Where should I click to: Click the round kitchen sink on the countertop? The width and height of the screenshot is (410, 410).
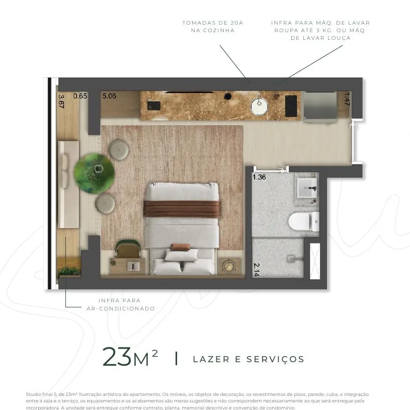(259, 106)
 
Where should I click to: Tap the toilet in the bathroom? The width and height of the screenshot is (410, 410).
(304, 221)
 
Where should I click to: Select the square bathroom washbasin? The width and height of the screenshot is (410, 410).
(307, 188)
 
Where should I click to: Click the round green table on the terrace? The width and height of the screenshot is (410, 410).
(94, 174)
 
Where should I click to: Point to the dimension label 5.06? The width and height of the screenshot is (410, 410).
(109, 96)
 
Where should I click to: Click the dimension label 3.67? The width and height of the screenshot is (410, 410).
(61, 102)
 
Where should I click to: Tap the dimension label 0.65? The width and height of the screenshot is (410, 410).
(80, 96)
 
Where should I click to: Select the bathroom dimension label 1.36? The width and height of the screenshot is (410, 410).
(259, 177)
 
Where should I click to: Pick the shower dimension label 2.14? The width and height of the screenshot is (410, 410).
(257, 270)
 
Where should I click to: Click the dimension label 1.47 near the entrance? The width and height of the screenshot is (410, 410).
(347, 99)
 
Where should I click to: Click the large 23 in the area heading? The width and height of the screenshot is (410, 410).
(117, 356)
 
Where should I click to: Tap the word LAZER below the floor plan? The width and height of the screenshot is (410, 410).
(211, 359)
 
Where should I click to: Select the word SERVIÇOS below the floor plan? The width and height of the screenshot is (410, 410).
(275, 359)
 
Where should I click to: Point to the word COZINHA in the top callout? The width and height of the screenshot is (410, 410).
(213, 30)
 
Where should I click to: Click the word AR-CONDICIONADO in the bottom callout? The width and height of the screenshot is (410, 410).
(121, 308)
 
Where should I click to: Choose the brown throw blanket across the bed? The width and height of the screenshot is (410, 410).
(182, 209)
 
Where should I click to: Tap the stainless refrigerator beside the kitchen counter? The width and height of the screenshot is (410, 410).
(320, 107)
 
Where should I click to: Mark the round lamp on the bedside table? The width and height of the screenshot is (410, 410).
(229, 266)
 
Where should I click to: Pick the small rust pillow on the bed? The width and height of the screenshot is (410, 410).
(181, 247)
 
